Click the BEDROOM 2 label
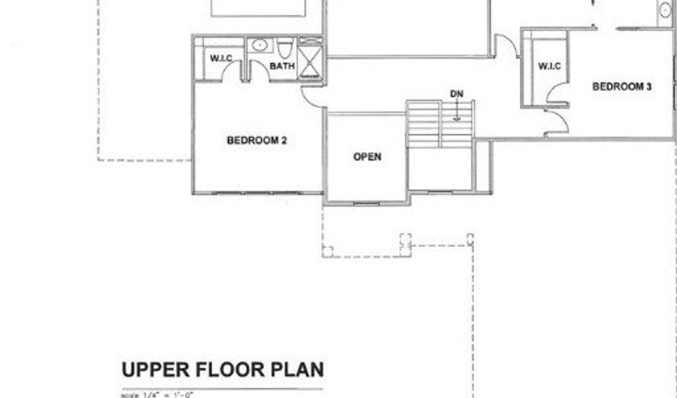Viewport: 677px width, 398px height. coord(257,140)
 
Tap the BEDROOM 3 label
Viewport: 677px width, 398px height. coord(621,87)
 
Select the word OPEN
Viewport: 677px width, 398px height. coord(367,157)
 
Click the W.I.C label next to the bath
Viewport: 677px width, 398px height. coord(220,59)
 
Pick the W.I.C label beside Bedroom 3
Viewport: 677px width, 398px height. coord(550,67)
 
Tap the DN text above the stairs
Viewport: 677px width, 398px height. coord(457,93)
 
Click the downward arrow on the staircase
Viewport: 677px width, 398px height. coord(457,112)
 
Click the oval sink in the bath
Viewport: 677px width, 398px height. coord(260,45)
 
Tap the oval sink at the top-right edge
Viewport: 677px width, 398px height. coord(666,11)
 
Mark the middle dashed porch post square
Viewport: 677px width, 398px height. coord(405,242)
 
